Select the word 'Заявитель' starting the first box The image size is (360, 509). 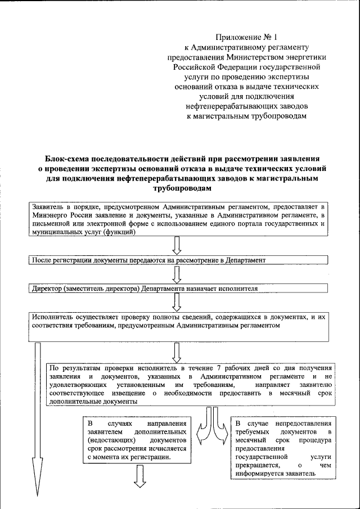tap(48, 206)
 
